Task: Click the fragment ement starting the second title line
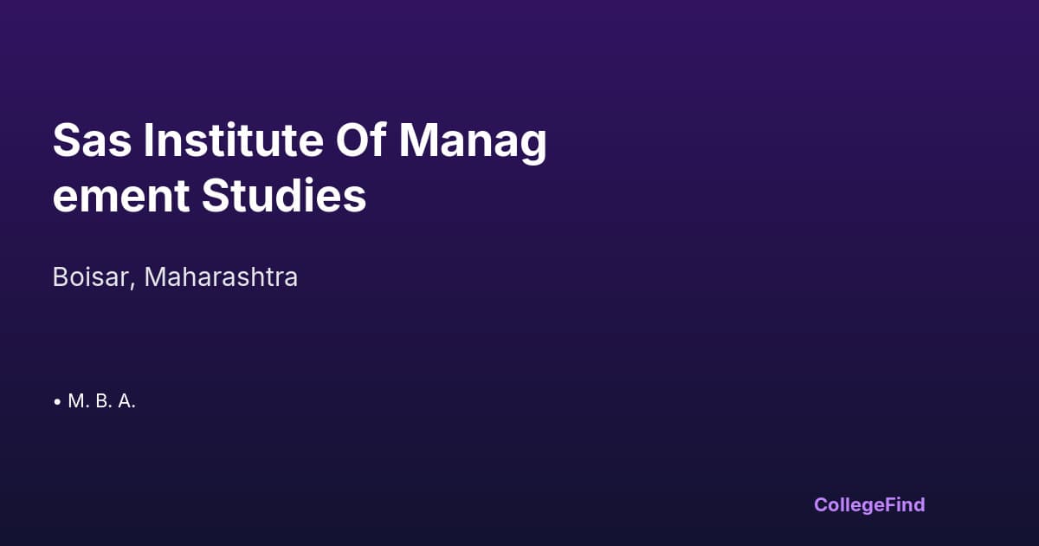point(120,198)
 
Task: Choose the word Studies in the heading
point(284,196)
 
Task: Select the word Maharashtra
point(221,277)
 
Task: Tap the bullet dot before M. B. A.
point(57,402)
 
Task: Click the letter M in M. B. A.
point(75,402)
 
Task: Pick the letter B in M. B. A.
point(101,402)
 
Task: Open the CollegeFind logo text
point(869,505)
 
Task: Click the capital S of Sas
point(66,140)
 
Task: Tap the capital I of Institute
point(149,140)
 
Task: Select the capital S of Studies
point(216,196)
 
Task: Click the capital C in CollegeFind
point(821,504)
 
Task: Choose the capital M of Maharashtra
point(155,277)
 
